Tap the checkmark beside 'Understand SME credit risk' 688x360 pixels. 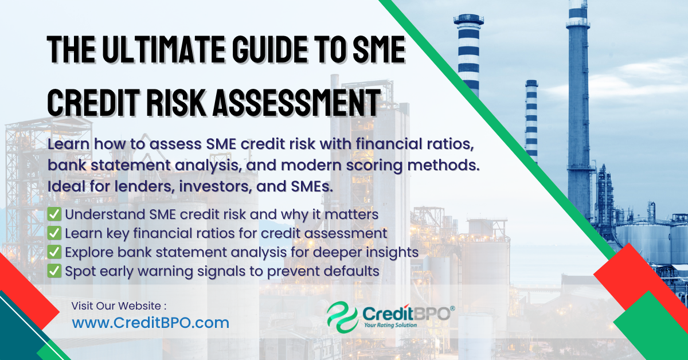(x=54, y=215)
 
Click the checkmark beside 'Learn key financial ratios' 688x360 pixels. (x=54, y=233)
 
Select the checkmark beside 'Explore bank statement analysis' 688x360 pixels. (x=54, y=252)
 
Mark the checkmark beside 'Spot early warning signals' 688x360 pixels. (x=54, y=271)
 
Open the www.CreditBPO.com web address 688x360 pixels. (x=150, y=323)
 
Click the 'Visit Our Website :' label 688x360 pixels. (x=119, y=306)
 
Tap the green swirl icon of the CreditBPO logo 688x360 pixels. (x=342, y=317)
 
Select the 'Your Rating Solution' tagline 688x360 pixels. (x=391, y=325)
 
